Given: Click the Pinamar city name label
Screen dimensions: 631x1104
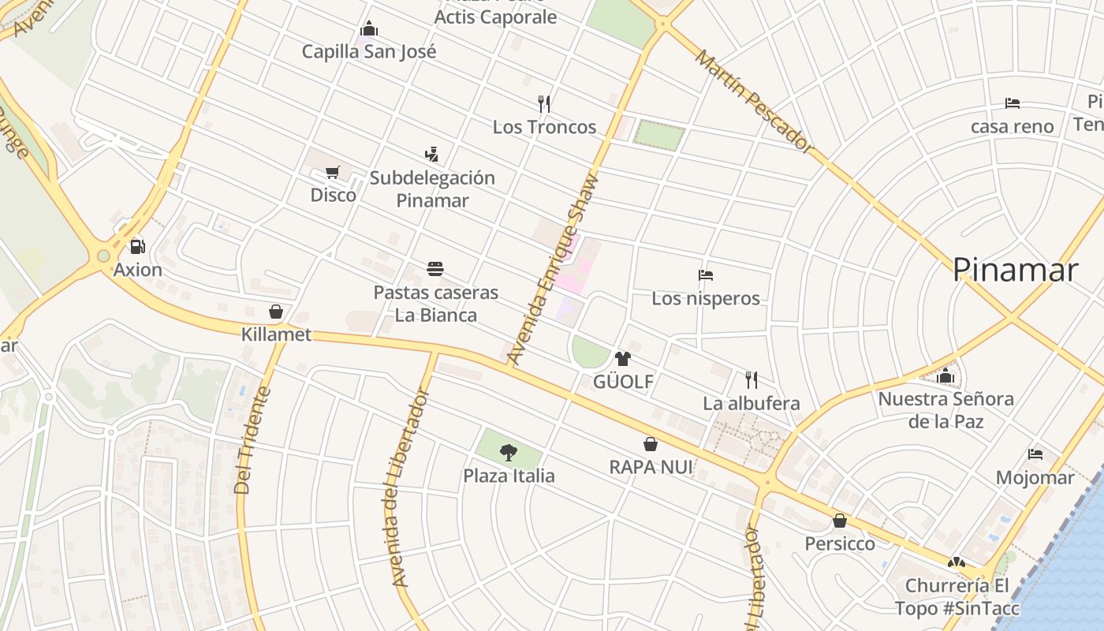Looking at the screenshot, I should pos(1014,271).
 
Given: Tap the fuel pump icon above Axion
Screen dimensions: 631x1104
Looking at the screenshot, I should pos(137,247).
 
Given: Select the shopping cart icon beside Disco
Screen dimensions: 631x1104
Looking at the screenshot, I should pos(333,172).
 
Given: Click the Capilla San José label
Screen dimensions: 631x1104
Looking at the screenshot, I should pos(369,52).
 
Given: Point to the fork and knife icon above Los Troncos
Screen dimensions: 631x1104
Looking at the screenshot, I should pos(543,103).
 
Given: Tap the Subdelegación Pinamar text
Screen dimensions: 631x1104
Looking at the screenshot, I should pos(432,189).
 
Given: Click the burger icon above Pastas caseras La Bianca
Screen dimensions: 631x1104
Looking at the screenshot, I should pos(435,269).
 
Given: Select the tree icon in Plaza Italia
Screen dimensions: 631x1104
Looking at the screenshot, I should pos(509,452).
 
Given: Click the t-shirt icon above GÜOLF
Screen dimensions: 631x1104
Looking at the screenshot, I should pos(623,359).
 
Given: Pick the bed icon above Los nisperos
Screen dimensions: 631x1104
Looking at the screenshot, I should pos(706,275).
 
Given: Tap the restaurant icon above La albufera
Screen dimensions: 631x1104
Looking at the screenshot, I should pos(752,379).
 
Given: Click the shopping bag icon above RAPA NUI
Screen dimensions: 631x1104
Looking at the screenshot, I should pos(651,444).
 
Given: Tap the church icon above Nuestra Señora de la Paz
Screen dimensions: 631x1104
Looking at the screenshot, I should pos(946,375).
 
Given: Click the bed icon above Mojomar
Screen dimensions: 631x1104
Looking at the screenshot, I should pos(1035,454).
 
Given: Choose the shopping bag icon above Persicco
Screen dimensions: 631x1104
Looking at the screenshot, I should pos(840,521).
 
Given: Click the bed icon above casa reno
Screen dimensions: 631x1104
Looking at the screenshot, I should pos(1013,103).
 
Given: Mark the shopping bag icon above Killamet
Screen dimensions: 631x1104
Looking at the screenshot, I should pos(276,312).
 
